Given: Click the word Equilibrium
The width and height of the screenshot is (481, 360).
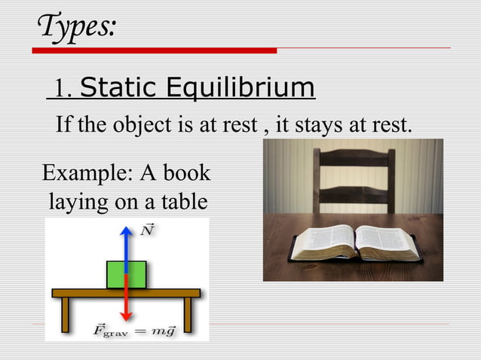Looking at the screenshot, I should click(x=240, y=89).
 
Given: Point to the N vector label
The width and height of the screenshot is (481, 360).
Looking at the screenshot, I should click(x=148, y=230).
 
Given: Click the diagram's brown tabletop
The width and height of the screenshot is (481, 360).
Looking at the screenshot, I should click(x=126, y=292).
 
